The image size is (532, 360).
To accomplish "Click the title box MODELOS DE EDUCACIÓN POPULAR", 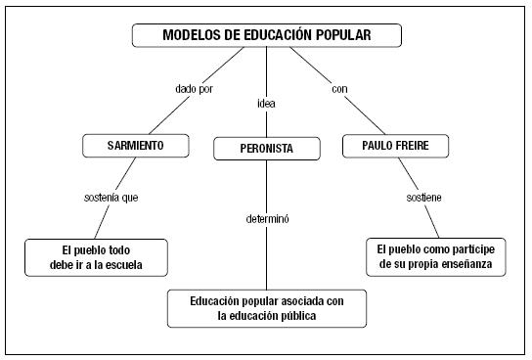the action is [267, 36].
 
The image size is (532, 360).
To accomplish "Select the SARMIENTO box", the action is [134, 147].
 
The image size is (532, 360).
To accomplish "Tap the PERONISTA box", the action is [267, 149].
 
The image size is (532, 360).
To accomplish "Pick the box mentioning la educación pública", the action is [267, 307].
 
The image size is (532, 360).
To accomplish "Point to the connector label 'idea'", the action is [266, 102].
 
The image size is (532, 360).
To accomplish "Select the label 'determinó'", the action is [267, 218].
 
